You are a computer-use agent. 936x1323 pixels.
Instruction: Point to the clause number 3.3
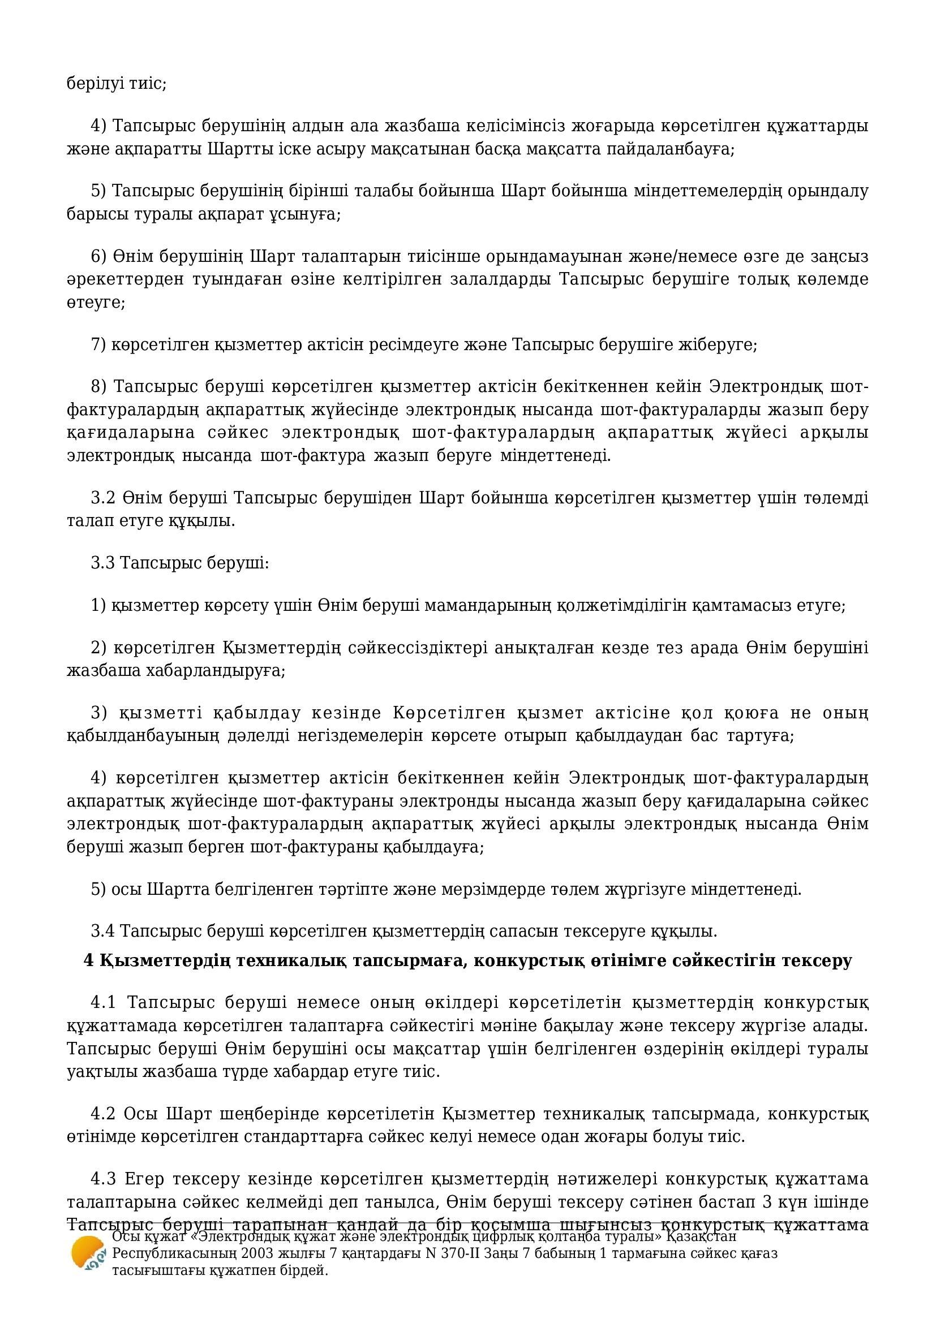[x=103, y=563]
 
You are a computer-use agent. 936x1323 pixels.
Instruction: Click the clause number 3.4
[x=103, y=930]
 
